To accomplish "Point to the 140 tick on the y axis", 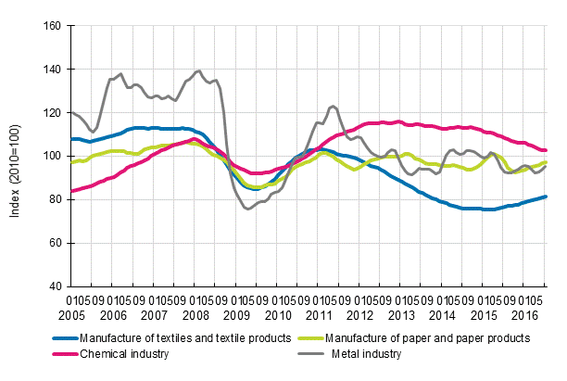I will (52, 70).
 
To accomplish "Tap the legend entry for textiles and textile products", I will (185, 338).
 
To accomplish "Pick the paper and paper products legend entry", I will (430, 338).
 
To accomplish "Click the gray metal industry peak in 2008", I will (198, 70).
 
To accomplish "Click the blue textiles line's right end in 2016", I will (546, 196).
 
